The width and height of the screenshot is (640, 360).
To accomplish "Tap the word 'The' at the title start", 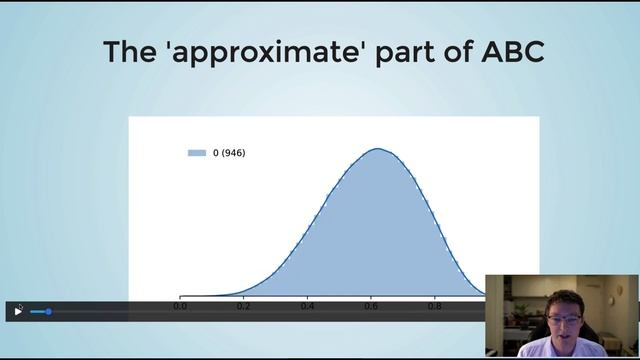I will (x=134, y=52).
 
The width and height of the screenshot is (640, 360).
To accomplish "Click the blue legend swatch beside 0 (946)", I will (x=197, y=153).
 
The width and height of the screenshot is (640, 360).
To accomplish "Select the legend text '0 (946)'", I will (x=229, y=153).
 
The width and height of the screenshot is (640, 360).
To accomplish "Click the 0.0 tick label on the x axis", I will (x=180, y=306).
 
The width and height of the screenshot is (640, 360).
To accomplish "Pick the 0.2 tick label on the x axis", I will (x=243, y=306).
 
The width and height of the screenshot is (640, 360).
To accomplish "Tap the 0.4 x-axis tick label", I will (x=307, y=306).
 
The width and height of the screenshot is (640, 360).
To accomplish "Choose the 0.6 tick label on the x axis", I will (x=371, y=306).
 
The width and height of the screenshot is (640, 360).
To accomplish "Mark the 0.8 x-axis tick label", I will (x=434, y=306).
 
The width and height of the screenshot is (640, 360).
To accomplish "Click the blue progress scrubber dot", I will (x=48, y=312).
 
